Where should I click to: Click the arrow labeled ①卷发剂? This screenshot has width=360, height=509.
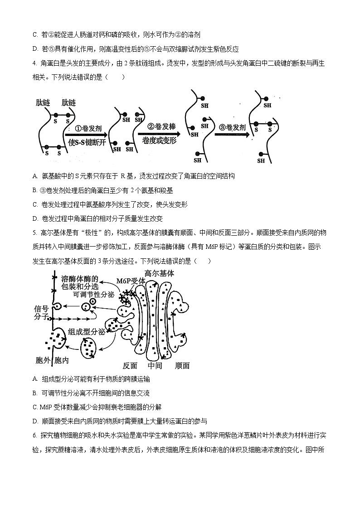[86, 134]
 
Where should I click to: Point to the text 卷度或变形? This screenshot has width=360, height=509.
[159, 141]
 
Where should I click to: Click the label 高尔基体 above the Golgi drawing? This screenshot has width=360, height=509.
[159, 273]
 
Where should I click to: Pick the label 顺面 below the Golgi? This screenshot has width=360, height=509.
[182, 365]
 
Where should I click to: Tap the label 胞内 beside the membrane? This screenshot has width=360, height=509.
[62, 361]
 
